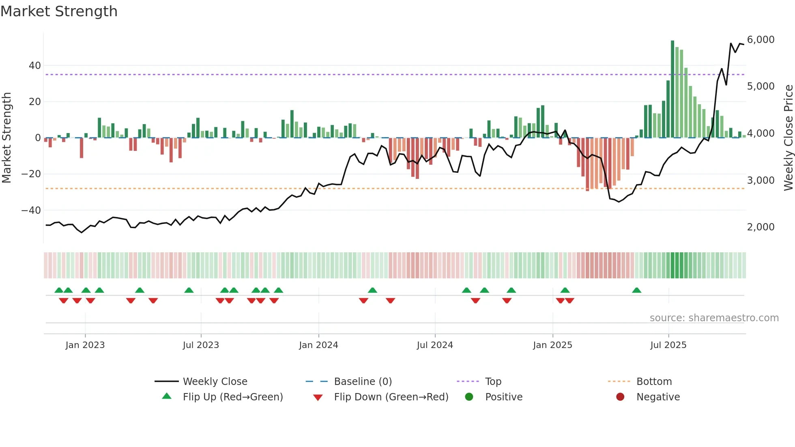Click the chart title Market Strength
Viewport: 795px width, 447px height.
tap(59, 11)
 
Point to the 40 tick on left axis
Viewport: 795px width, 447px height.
tap(35, 66)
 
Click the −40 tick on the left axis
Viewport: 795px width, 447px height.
tap(31, 211)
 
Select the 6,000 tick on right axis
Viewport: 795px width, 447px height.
tap(761, 40)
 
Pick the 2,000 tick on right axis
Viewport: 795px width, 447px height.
tap(761, 227)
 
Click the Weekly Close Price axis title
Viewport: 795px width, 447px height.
tap(788, 138)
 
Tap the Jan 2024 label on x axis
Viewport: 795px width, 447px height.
tap(318, 345)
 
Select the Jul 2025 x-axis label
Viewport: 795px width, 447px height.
tap(668, 345)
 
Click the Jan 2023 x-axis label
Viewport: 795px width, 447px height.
tap(85, 345)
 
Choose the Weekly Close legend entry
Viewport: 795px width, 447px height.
tap(215, 382)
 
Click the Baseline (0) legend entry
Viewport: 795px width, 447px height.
tap(363, 382)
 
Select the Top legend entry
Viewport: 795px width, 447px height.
tap(493, 382)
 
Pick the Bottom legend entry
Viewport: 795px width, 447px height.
tap(654, 382)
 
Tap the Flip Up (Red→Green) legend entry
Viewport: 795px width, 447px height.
tap(232, 397)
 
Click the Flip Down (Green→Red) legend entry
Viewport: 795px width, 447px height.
tap(391, 397)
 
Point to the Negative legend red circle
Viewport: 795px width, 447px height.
tap(620, 397)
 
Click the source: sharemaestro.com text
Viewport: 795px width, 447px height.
tap(714, 318)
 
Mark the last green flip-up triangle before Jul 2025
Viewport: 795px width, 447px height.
tap(636, 290)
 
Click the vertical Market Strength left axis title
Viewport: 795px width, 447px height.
tap(6, 138)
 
